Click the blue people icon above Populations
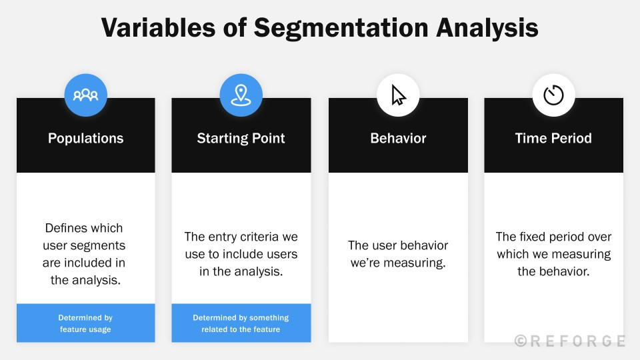click(85, 95)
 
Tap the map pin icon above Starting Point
click(241, 95)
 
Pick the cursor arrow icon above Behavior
click(398, 95)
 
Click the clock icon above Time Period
click(553, 95)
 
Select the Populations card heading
click(85, 138)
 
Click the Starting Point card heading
click(241, 138)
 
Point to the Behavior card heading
click(398, 138)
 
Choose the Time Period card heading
click(553, 138)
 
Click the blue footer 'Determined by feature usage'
click(85, 323)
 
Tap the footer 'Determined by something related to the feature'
click(241, 323)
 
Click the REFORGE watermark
click(577, 341)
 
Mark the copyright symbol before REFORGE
click(521, 341)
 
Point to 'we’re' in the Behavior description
click(365, 263)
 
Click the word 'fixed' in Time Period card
click(534, 237)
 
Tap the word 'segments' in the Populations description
click(101, 245)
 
